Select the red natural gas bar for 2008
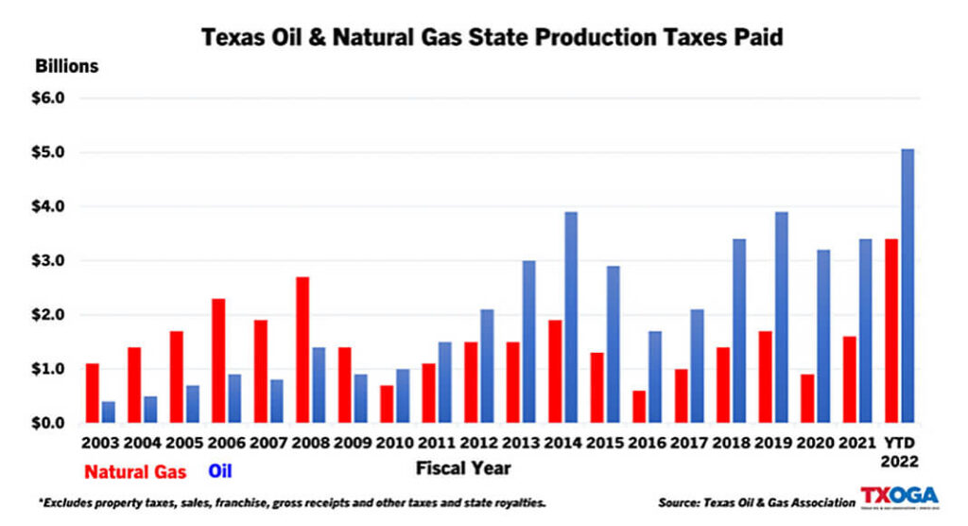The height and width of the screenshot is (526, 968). pyautogui.click(x=302, y=350)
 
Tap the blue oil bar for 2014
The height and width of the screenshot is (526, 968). pyautogui.click(x=571, y=318)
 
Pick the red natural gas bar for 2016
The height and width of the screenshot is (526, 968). pyautogui.click(x=639, y=407)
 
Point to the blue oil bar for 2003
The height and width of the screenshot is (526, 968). pyautogui.click(x=109, y=412)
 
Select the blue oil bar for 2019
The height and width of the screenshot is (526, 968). pyautogui.click(x=781, y=318)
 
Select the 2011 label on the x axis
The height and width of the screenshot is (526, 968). pyautogui.click(x=438, y=442)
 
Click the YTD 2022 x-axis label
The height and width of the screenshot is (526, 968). pyautogui.click(x=899, y=450)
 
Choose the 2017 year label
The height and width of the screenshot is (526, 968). pyautogui.click(x=689, y=442)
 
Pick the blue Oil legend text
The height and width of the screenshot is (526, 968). pyautogui.click(x=219, y=469)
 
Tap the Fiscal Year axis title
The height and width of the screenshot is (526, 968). pyautogui.click(x=463, y=467)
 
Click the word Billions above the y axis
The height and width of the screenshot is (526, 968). pyautogui.click(x=67, y=67)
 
